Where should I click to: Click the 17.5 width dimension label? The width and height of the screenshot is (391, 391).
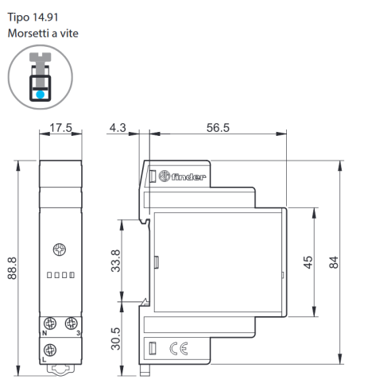point(61,128)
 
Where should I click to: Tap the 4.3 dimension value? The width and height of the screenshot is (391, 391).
point(118,128)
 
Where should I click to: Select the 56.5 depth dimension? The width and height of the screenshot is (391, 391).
point(218,128)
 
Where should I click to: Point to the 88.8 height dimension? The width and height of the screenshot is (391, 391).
point(12,268)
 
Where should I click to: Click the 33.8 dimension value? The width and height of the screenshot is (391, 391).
point(115,261)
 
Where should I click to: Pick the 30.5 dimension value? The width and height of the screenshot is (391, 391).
point(115,339)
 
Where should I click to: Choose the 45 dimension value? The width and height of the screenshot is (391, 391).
point(308,262)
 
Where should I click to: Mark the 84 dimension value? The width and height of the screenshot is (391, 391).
point(334,262)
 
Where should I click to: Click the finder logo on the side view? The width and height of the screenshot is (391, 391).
point(182,176)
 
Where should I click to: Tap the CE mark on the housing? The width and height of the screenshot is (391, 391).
point(179,348)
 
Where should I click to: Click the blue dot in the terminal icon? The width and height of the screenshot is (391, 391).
point(41,95)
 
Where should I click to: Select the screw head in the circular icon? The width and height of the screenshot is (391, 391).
point(41,56)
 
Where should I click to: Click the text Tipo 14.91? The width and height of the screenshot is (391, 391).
point(33,17)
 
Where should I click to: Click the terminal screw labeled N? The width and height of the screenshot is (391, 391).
point(50,323)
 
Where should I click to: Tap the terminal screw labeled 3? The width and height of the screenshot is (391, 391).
point(71,323)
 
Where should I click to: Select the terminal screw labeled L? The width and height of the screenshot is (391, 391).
point(50,350)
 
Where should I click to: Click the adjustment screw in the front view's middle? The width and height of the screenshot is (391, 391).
point(60,250)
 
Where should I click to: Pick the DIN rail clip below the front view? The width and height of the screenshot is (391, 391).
point(60,370)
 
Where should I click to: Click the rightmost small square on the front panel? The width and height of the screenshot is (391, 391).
point(72,275)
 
